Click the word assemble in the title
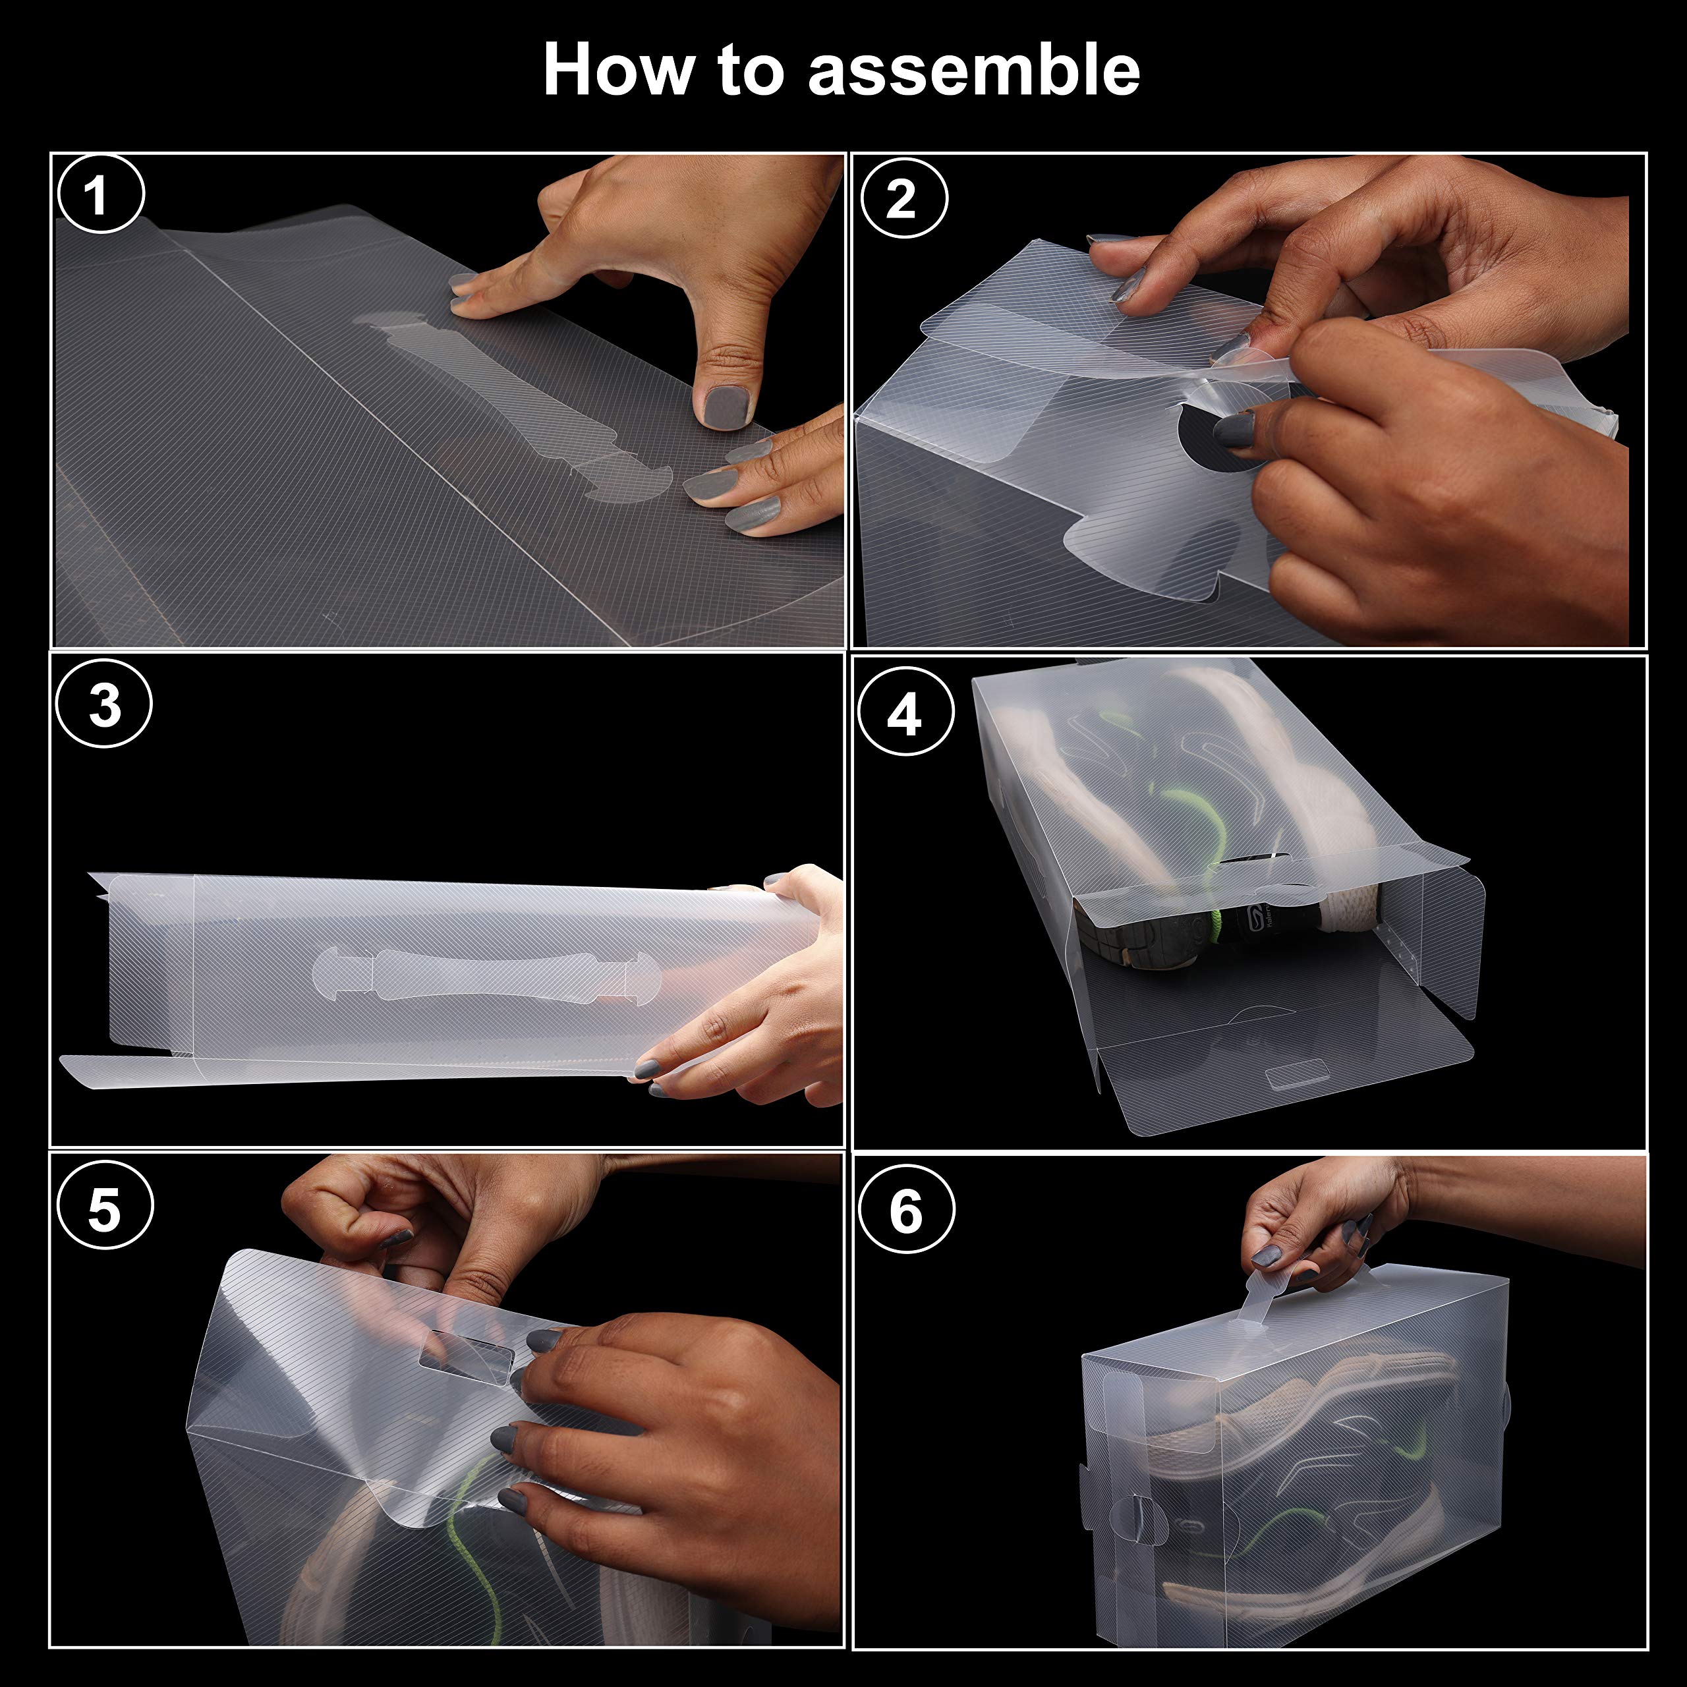pos(973,70)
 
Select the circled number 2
pos(903,199)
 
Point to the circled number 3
pos(104,704)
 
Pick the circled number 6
pos(905,1211)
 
